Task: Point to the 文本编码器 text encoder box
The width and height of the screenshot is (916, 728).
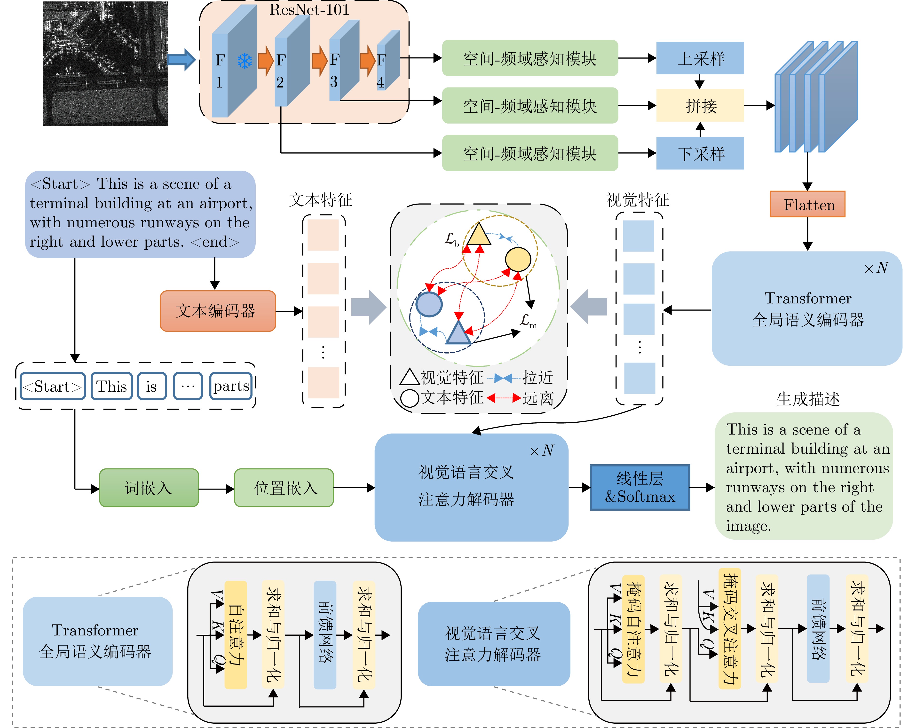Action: point(218,311)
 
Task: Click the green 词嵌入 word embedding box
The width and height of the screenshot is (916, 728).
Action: point(149,488)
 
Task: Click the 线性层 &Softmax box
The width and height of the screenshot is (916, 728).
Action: point(640,487)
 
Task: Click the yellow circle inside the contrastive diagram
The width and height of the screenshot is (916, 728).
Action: point(517,259)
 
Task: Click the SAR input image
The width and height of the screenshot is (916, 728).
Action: point(105,64)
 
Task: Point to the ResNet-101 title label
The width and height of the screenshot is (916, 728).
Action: point(309,10)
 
